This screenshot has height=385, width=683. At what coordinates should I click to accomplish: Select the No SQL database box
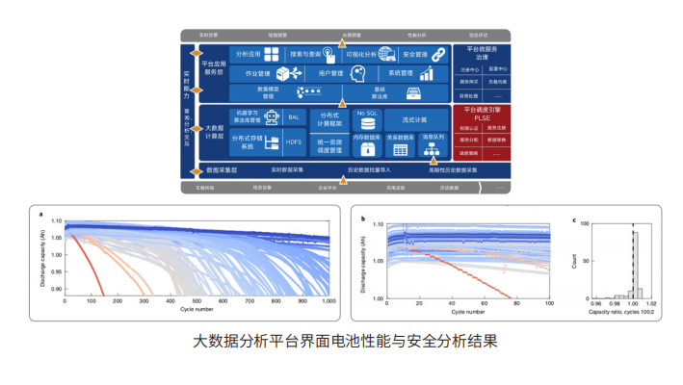(367, 117)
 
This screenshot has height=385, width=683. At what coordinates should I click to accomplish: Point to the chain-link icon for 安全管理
(438, 54)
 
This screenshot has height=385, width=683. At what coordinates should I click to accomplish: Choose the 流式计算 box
(414, 119)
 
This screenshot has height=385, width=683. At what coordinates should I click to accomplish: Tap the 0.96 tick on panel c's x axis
(592, 303)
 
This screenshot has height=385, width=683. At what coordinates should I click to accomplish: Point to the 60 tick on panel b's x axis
(486, 302)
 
